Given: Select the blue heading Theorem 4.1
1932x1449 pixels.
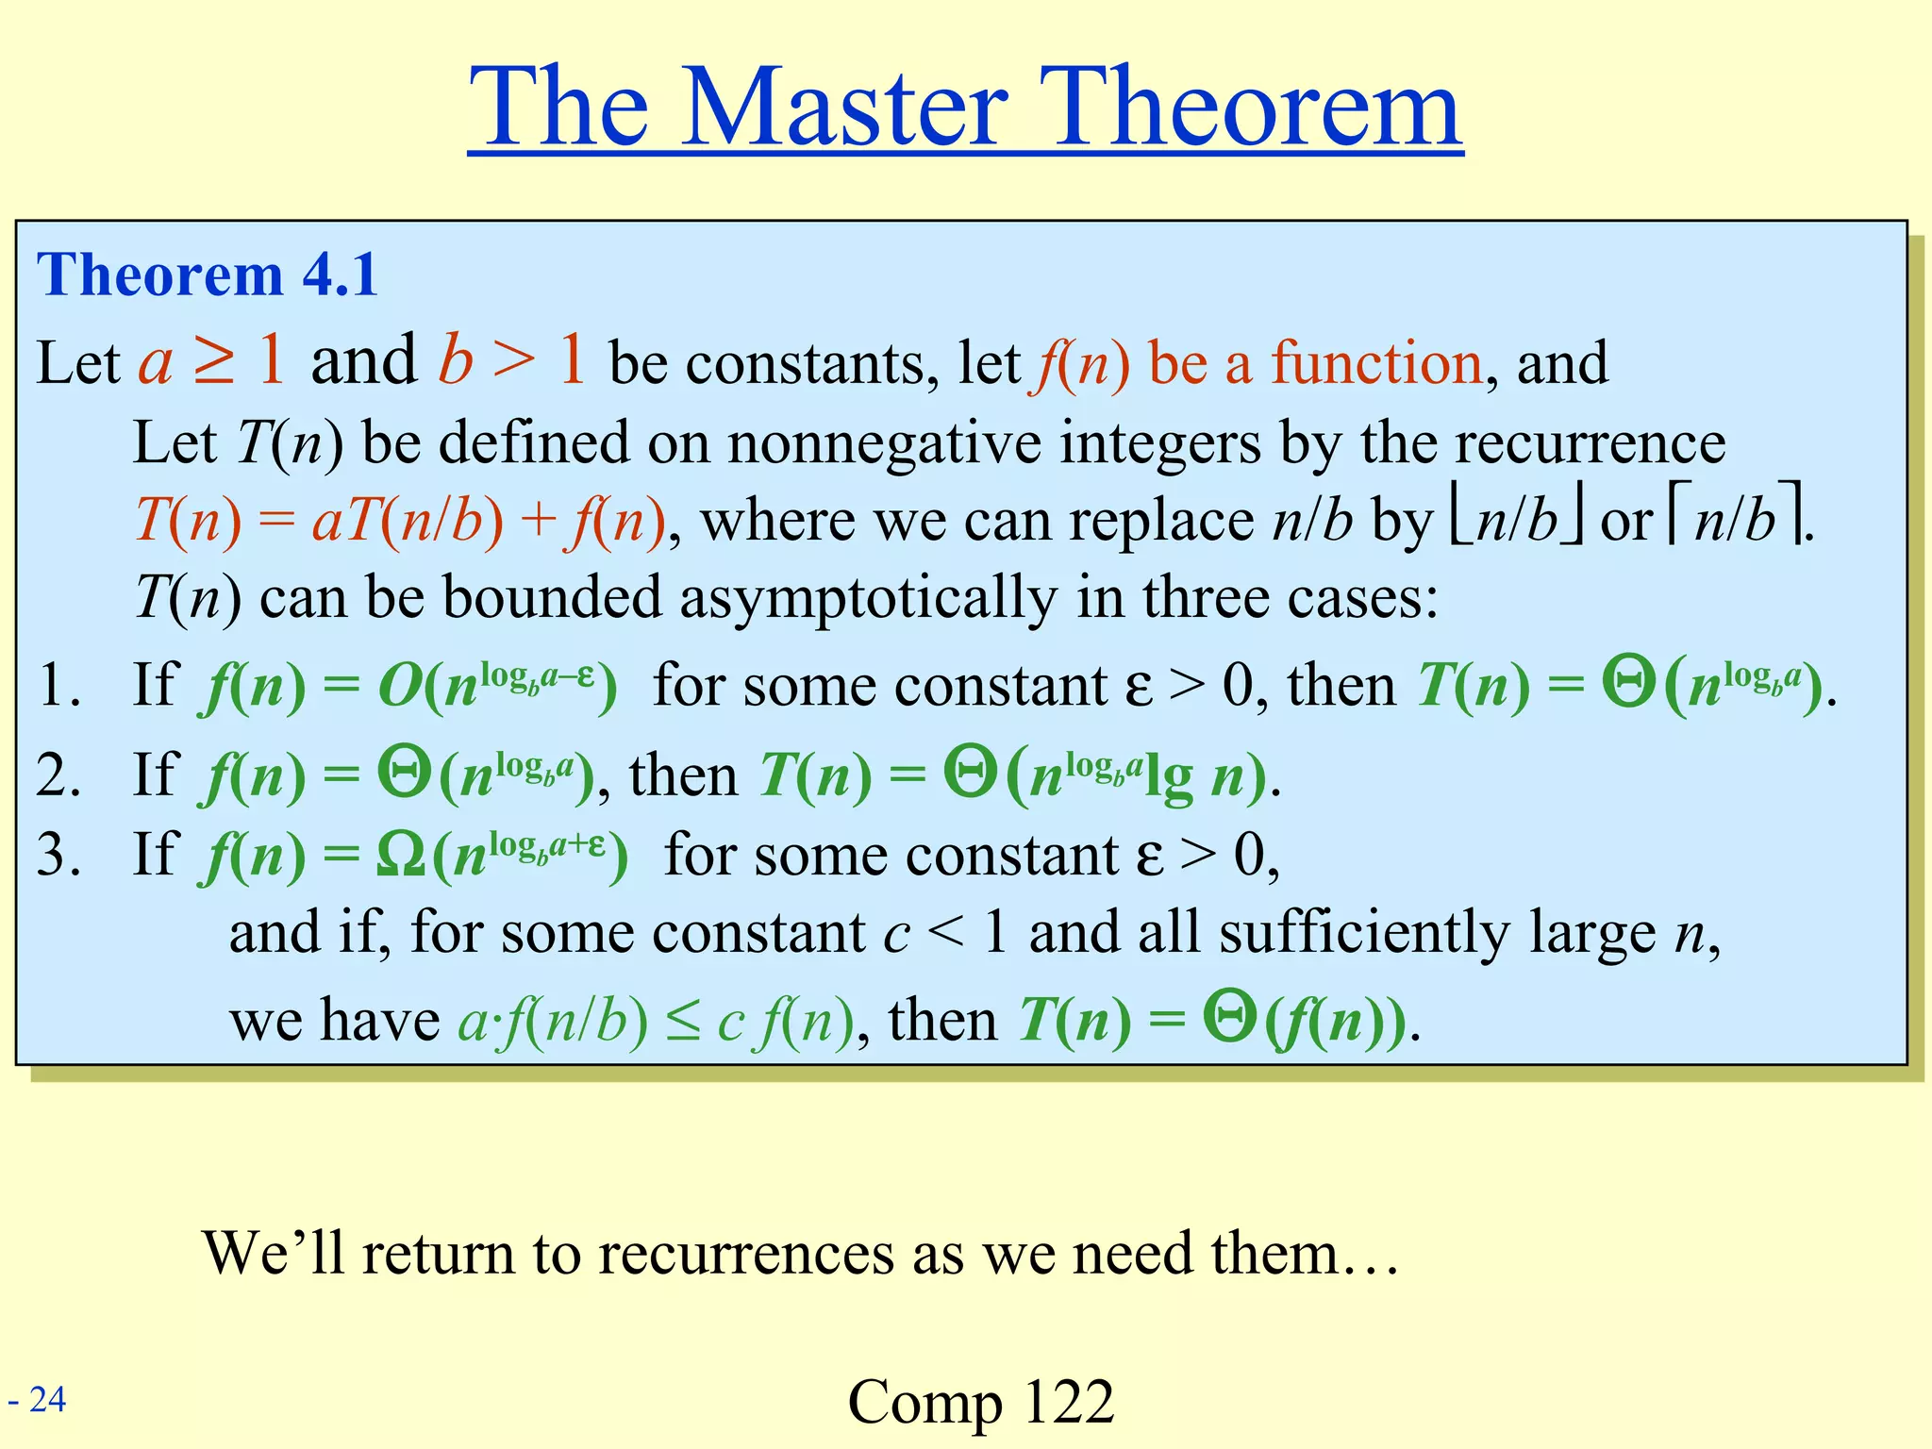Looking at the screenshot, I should pyautogui.click(x=207, y=275).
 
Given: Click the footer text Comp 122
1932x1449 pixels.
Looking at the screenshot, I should pyautogui.click(x=981, y=1402).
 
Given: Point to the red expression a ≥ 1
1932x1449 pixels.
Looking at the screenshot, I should pyautogui.click(x=211, y=361).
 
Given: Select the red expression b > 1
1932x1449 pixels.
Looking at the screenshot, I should pyautogui.click(x=511, y=361).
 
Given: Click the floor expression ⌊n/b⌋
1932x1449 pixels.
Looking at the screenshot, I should pyautogui.click(x=1517, y=521).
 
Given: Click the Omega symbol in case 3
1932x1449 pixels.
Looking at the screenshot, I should pyautogui.click(x=400, y=857).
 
